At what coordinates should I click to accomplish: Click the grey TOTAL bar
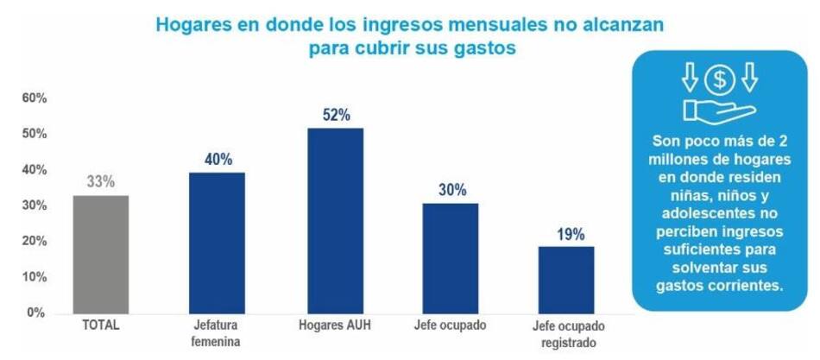[101, 255]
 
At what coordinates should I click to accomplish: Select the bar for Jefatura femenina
[218, 243]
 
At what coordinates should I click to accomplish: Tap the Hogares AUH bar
[335, 221]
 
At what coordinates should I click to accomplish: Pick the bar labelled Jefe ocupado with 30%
[451, 258]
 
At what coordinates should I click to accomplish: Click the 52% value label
[335, 116]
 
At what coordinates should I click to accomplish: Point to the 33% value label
[101, 182]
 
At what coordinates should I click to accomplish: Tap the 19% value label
[567, 234]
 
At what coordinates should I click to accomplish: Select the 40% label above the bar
[218, 160]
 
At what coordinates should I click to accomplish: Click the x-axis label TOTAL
[101, 326]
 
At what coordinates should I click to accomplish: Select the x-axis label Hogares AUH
[334, 326]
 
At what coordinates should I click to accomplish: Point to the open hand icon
[718, 111]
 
